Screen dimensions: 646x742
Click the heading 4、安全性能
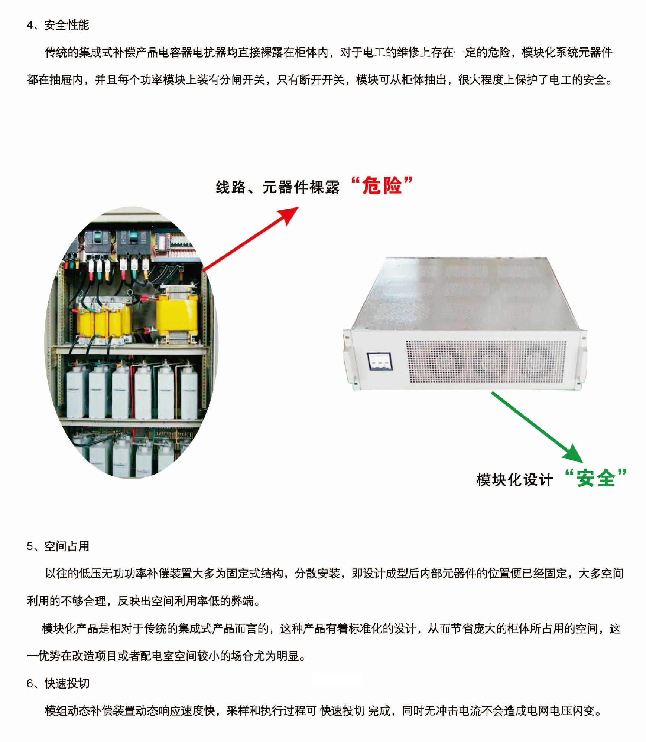[58, 25]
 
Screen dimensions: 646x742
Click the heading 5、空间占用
[58, 546]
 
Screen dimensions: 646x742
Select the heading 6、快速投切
[58, 683]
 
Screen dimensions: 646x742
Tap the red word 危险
[382, 185]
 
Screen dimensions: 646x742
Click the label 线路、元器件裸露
[277, 187]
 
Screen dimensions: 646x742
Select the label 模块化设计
[514, 480]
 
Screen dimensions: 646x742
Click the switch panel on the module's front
[380, 361]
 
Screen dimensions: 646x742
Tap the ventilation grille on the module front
[486, 362]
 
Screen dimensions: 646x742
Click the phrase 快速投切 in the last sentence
[343, 710]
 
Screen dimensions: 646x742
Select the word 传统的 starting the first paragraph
[62, 52]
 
